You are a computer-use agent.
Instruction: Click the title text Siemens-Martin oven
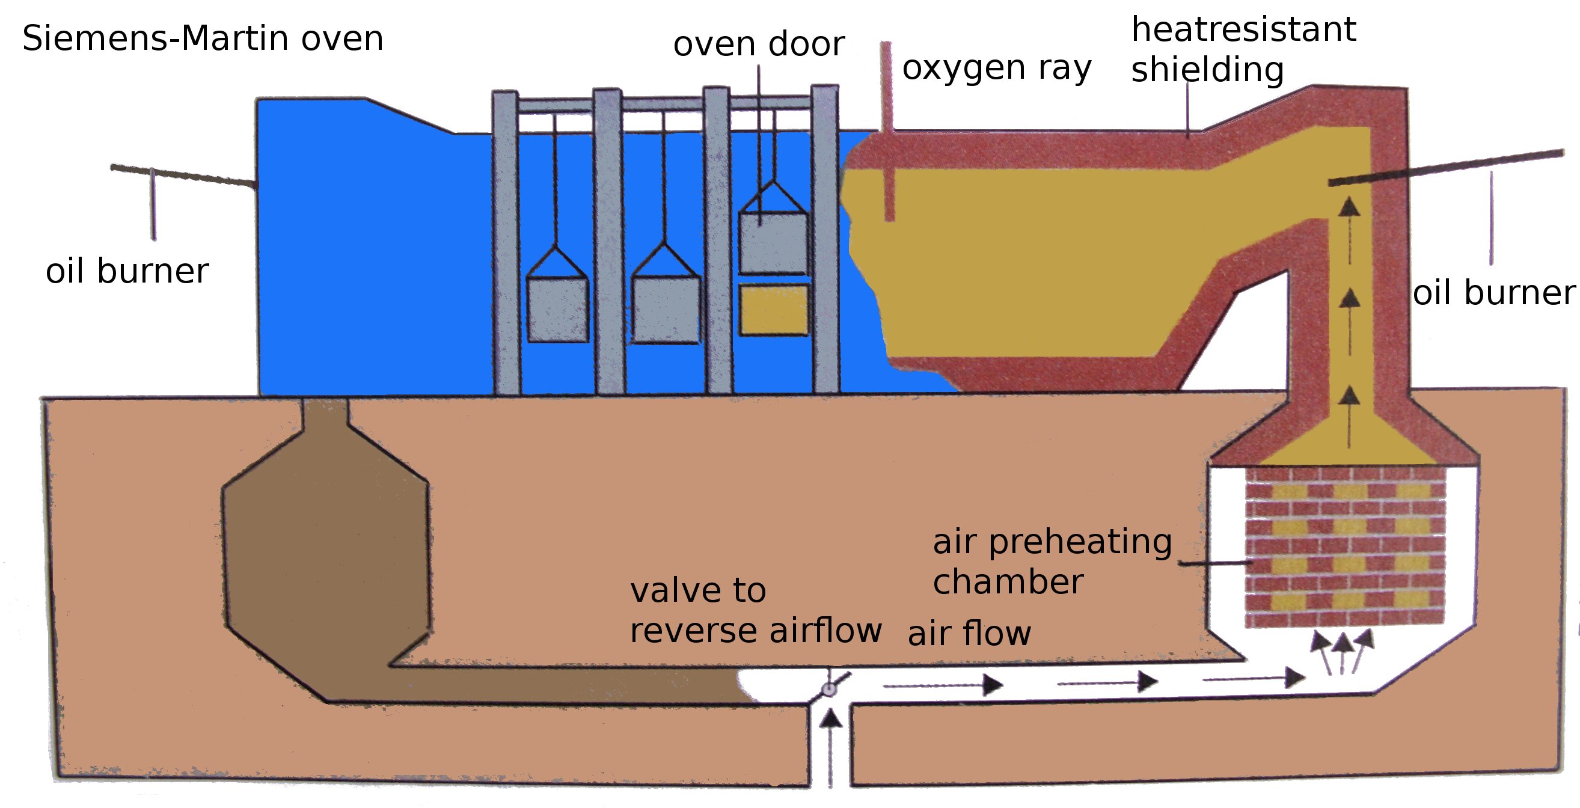click(x=203, y=38)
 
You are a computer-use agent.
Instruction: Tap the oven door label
click(x=759, y=44)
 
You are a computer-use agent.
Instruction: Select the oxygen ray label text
click(x=997, y=67)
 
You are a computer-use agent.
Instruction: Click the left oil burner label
click(x=127, y=271)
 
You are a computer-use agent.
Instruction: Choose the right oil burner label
click(x=1493, y=293)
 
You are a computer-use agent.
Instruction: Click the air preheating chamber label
click(x=1052, y=562)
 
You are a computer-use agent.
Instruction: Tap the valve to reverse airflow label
click(x=756, y=610)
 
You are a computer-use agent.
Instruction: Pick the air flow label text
click(x=969, y=633)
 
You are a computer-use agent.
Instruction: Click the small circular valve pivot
click(x=828, y=689)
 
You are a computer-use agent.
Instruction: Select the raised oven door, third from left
click(x=773, y=242)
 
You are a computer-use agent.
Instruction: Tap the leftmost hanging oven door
click(x=557, y=308)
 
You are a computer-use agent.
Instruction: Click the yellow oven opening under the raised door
click(x=773, y=309)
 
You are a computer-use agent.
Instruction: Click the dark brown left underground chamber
click(x=325, y=552)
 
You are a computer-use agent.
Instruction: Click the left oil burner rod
click(x=184, y=175)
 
